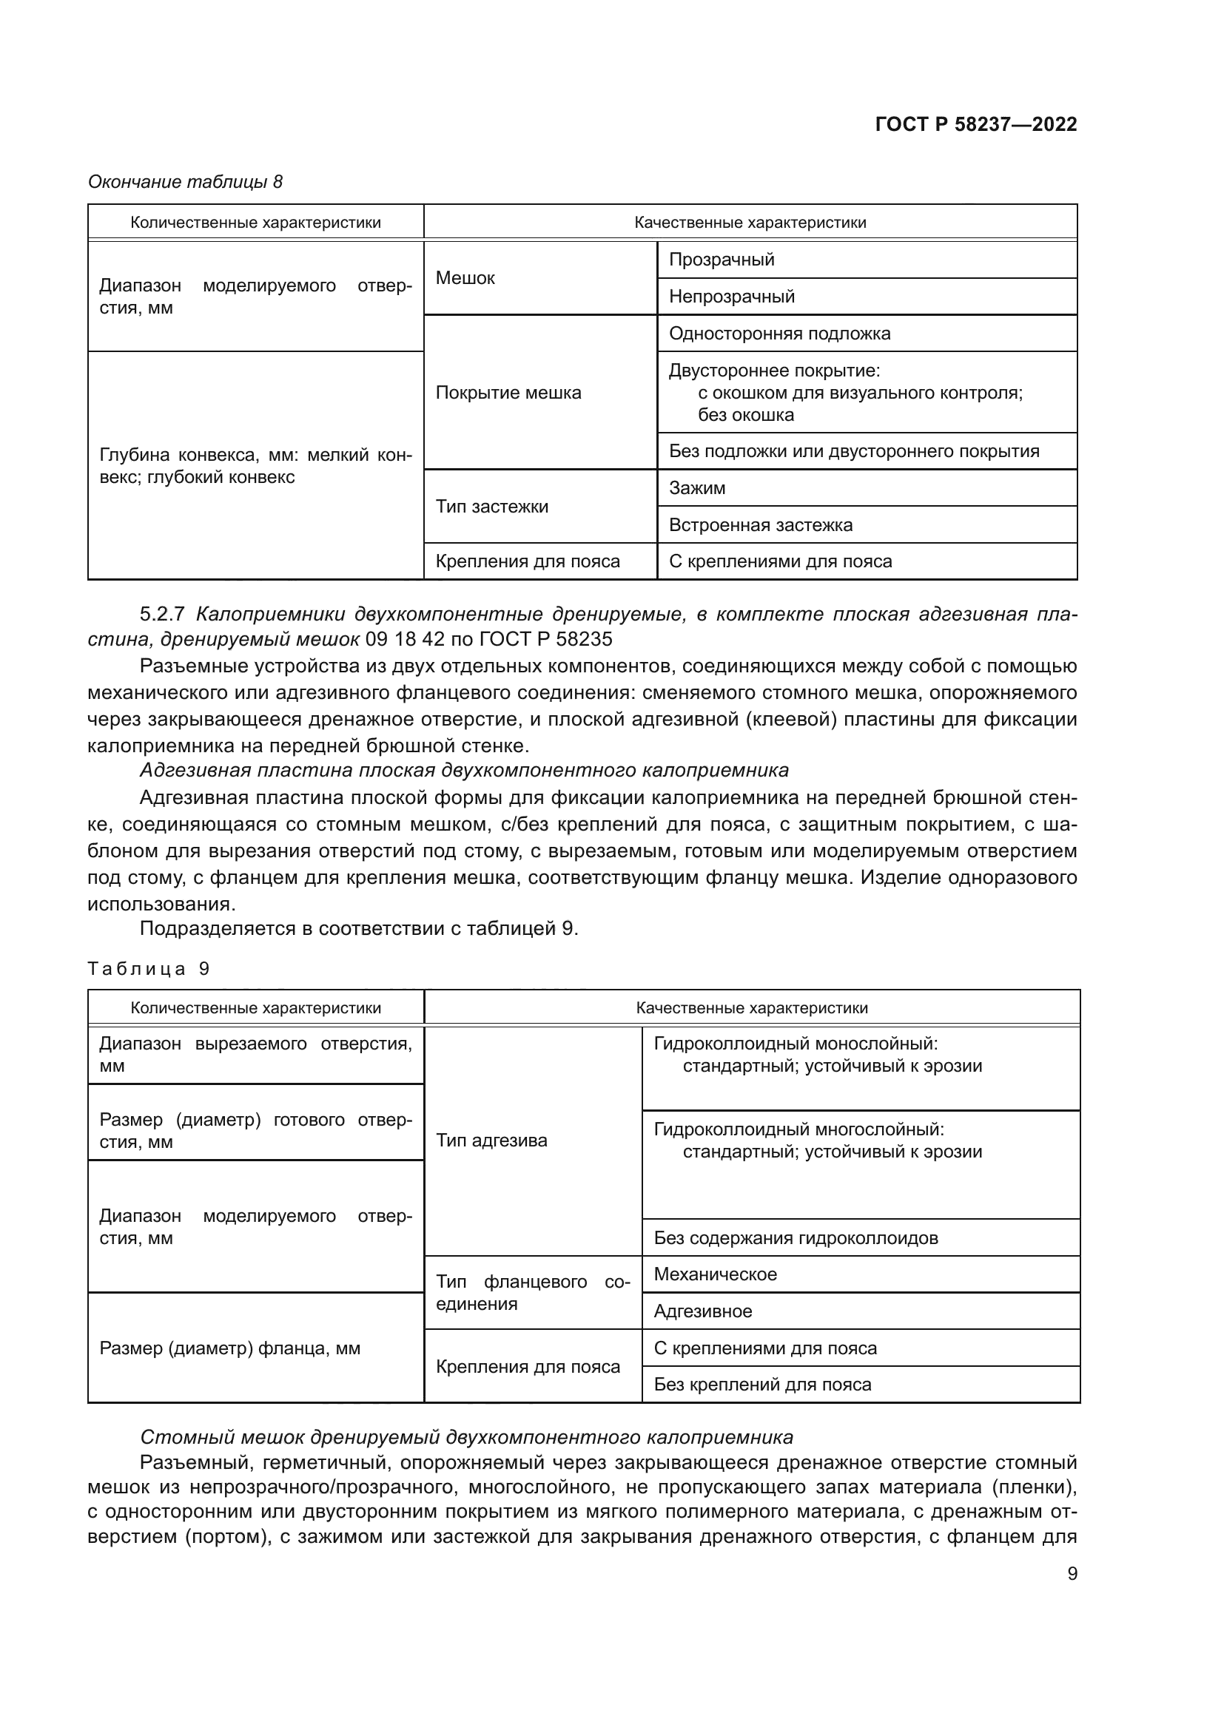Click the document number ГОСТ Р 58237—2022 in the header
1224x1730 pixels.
(975, 124)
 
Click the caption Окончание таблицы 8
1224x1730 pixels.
(186, 182)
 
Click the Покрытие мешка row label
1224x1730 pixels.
(508, 393)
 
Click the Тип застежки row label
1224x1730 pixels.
(491, 507)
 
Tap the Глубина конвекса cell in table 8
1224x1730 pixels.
(255, 466)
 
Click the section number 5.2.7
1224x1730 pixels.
(162, 614)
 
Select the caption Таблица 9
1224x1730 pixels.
(148, 969)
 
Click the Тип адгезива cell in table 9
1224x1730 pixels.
(491, 1141)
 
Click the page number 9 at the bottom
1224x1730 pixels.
(1072, 1573)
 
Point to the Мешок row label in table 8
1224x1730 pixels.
(465, 278)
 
